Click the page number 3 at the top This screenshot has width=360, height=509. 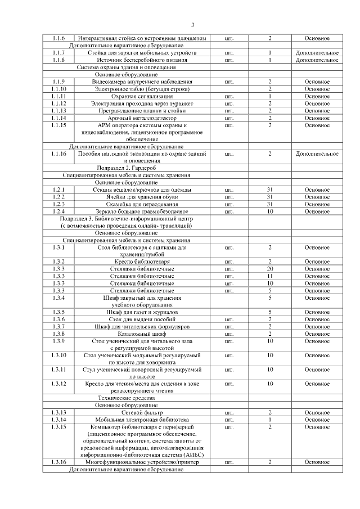coord(192,24)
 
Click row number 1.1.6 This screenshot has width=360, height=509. coord(59,38)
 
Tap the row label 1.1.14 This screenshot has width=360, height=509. coord(59,118)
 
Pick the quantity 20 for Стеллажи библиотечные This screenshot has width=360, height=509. coord(270,269)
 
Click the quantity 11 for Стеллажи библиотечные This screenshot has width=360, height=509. coord(270,277)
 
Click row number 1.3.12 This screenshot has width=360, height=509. coord(59,384)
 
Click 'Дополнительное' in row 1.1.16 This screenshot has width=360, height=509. coord(317,154)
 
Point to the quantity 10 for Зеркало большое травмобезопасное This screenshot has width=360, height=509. coord(270,211)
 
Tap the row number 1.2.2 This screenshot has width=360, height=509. coord(59,197)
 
